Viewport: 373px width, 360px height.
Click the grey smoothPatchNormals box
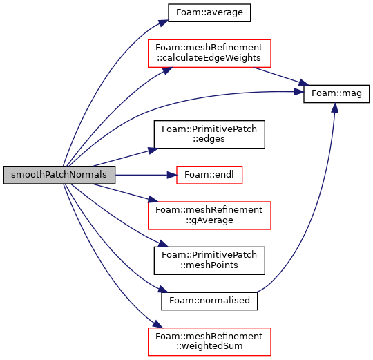(59, 175)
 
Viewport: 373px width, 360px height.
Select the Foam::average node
(209, 12)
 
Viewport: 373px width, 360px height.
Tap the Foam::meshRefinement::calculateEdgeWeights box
(209, 53)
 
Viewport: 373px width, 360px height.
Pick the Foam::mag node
(336, 94)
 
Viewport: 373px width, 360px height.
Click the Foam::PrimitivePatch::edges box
(209, 135)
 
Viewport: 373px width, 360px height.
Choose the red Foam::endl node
(209, 175)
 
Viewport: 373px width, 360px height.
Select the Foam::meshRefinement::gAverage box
(209, 216)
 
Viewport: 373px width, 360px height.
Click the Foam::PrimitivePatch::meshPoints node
(209, 260)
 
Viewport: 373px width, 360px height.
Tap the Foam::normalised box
(209, 301)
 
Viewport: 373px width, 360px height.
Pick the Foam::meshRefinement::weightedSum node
(209, 341)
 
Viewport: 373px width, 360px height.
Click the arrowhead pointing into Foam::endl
(172, 175)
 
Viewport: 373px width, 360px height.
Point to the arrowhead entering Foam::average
(164, 23)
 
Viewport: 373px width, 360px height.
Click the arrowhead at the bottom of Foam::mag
(335, 108)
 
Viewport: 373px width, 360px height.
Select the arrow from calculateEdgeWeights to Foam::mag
(280, 76)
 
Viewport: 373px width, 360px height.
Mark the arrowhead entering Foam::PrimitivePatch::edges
(153, 151)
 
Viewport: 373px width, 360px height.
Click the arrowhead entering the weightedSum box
(157, 324)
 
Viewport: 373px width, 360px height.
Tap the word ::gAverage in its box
(209, 220)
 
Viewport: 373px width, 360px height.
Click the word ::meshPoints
(209, 265)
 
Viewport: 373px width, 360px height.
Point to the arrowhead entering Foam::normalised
(163, 290)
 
